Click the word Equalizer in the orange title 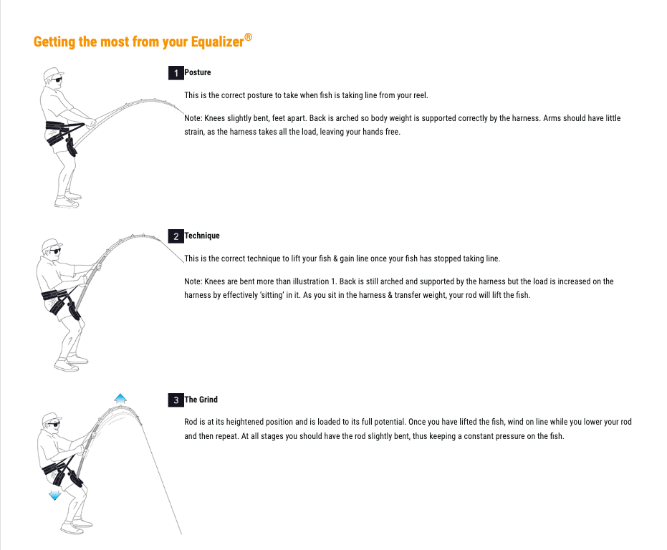tap(217, 42)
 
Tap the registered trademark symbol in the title tap(248, 37)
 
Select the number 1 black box tap(176, 73)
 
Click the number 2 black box tap(176, 236)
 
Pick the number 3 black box tap(176, 400)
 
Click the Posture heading tap(198, 72)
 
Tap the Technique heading tap(202, 236)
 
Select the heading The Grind tap(201, 400)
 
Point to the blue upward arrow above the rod tap(120, 399)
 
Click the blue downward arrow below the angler tap(54, 495)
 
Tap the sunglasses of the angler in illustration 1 tap(57, 79)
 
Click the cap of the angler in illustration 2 tap(52, 245)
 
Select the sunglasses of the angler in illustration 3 tap(54, 424)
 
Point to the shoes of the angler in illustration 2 tap(71, 363)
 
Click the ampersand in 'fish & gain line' tap(335, 259)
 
